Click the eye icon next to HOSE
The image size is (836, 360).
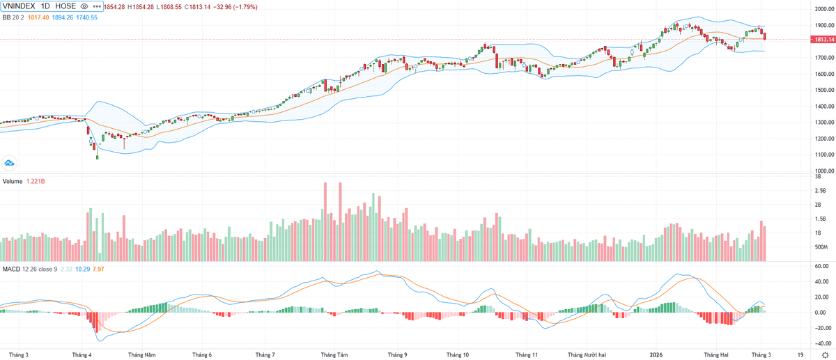(84, 6)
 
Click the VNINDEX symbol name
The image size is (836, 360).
(20, 6)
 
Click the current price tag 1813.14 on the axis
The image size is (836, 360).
(820, 40)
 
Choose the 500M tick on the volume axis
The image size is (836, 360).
(821, 247)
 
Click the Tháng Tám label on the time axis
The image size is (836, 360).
(334, 354)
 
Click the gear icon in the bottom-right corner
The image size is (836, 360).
(825, 354)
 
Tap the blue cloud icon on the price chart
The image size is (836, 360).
(10, 163)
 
